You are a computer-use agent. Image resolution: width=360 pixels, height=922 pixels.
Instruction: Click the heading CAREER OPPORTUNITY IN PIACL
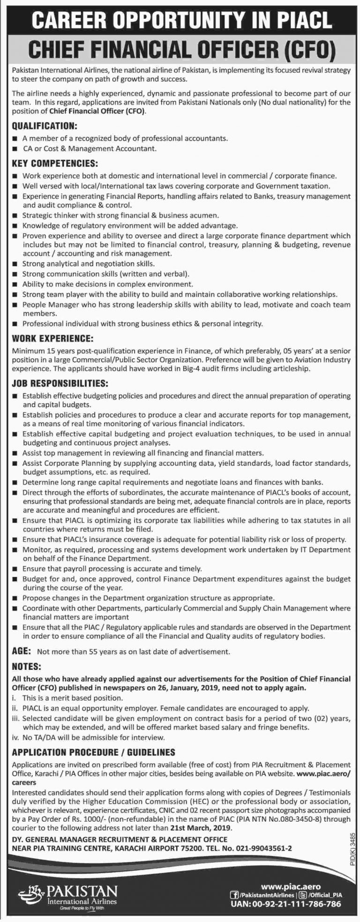(180, 19)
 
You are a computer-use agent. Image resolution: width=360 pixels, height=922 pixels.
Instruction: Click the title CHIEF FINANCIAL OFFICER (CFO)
(180, 48)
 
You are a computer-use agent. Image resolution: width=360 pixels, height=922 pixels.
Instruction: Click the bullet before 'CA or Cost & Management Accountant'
(16, 149)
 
